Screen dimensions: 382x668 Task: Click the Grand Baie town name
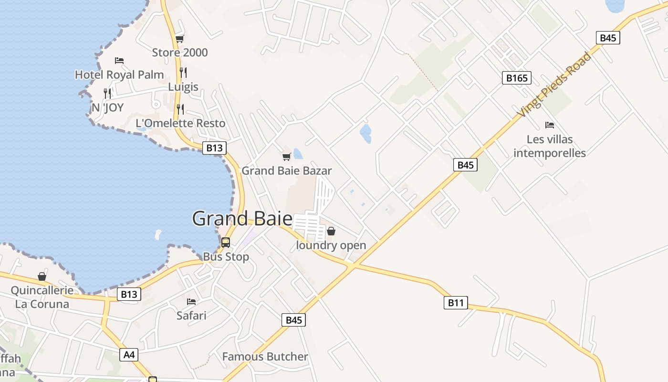click(242, 219)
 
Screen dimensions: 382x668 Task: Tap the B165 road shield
click(517, 78)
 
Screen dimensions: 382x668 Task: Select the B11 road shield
click(456, 303)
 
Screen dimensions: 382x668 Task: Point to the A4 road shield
click(129, 355)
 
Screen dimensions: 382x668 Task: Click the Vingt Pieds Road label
click(554, 85)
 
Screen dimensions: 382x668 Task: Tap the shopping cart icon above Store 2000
click(179, 39)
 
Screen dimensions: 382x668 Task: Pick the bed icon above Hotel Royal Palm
click(119, 61)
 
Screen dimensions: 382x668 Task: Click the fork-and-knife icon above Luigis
click(183, 73)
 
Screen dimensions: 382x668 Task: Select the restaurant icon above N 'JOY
click(107, 93)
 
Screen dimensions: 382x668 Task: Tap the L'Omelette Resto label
click(180, 123)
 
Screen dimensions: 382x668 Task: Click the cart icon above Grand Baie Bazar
click(286, 157)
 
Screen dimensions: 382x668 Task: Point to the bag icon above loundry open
click(331, 232)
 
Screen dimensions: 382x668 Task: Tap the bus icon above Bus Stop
click(226, 243)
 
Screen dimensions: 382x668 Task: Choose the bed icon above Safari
click(191, 302)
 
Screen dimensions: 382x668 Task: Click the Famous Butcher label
click(265, 357)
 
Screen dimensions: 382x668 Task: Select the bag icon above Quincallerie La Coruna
click(42, 276)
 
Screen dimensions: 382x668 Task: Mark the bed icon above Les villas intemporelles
click(550, 125)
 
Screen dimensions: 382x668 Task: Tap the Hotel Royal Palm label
click(119, 75)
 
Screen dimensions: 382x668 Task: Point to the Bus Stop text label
click(226, 257)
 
